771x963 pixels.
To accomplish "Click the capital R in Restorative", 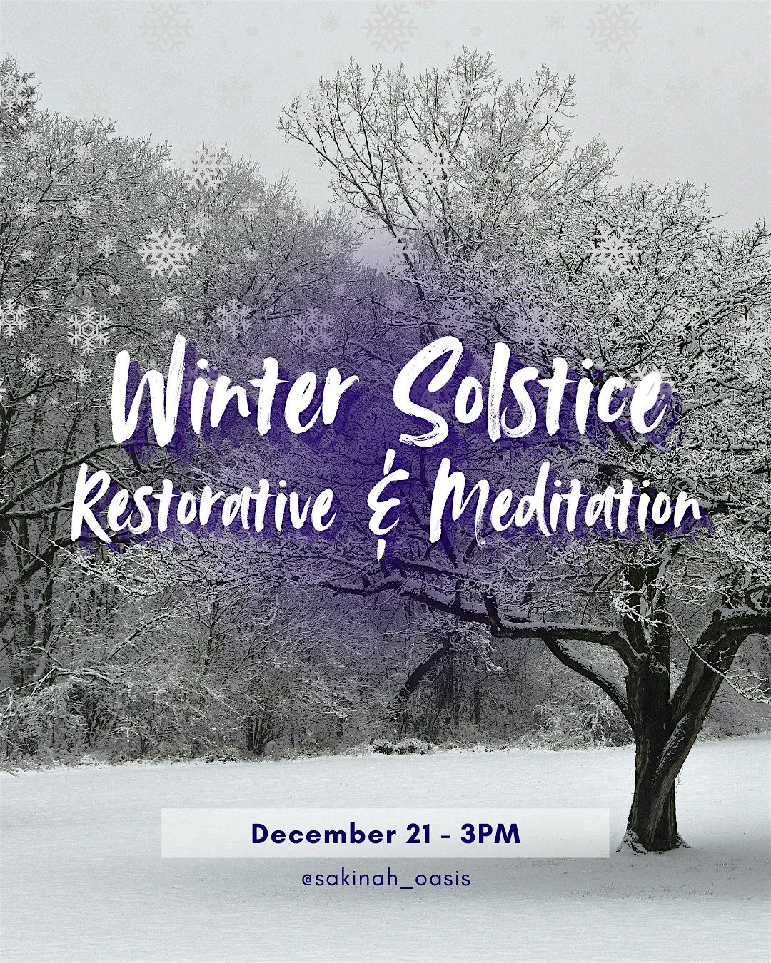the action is (x=92, y=510).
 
